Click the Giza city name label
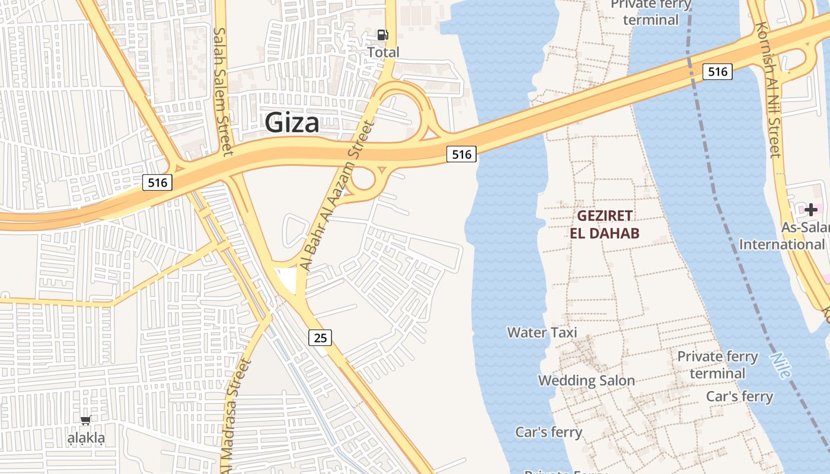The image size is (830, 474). point(292,123)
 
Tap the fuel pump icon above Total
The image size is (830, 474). point(383,35)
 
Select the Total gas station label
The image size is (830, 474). point(383,52)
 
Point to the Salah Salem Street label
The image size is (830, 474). point(221,92)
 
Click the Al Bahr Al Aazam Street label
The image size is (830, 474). point(338,196)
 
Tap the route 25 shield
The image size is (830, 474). point(320,338)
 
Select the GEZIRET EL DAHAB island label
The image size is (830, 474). point(605,224)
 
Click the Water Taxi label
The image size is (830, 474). point(542,332)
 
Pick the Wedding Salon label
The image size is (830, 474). point(586,380)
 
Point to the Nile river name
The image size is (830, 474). point(780,365)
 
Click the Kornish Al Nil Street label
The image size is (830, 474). point(768,90)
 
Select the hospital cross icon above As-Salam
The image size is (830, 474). point(810,209)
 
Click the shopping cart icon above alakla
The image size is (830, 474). point(85,420)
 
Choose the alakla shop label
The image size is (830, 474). point(86,438)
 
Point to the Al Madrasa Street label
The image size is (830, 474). point(235,409)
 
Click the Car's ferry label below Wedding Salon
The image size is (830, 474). point(548,432)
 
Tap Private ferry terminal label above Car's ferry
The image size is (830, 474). point(717,365)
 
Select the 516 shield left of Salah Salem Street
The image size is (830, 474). point(157,182)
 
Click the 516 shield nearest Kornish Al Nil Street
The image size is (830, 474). point(717,72)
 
